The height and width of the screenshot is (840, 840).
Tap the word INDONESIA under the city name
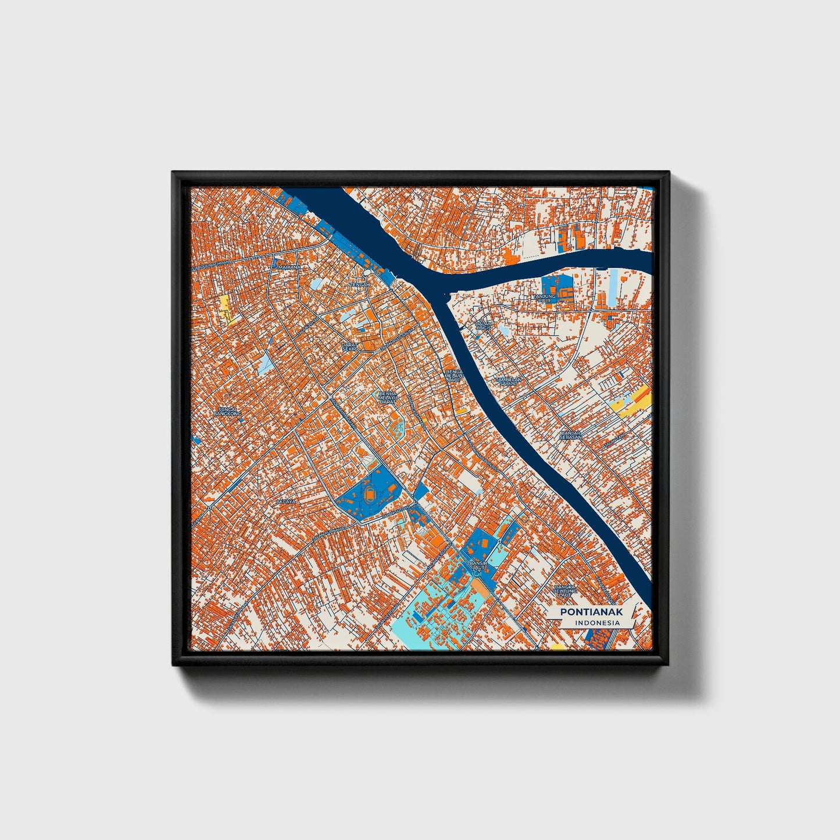click(x=596, y=623)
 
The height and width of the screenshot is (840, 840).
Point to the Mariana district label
click(x=290, y=267)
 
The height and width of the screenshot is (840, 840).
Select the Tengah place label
click(x=359, y=285)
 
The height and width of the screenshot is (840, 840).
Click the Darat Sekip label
click(x=349, y=346)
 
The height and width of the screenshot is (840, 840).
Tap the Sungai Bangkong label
click(x=227, y=411)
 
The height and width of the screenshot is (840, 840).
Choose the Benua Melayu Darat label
click(x=387, y=398)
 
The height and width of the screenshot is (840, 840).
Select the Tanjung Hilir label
click(x=544, y=298)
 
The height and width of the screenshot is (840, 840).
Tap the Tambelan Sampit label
click(x=509, y=381)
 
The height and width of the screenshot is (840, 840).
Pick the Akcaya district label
click(x=286, y=501)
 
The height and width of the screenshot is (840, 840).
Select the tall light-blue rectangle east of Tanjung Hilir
click(x=614, y=287)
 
